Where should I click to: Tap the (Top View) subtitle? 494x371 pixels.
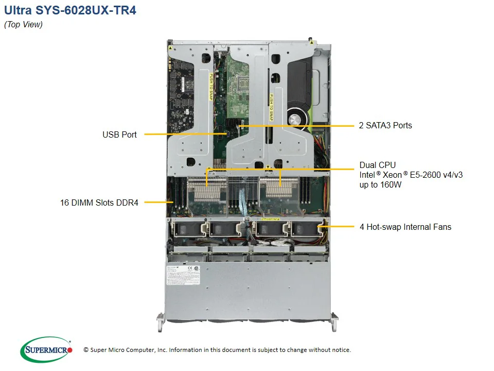[24, 25]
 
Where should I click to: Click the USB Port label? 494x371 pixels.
[119, 134]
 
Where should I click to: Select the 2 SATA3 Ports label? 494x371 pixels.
[385, 125]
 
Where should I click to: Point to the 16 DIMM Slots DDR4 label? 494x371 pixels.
[99, 203]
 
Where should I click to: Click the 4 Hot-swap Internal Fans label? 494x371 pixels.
[405, 227]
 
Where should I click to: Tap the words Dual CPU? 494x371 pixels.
[378, 165]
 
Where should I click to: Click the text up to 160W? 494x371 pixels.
[381, 184]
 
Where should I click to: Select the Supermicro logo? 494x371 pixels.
[46, 350]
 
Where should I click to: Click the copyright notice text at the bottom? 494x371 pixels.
[217, 350]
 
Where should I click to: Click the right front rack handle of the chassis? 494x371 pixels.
[334, 322]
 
